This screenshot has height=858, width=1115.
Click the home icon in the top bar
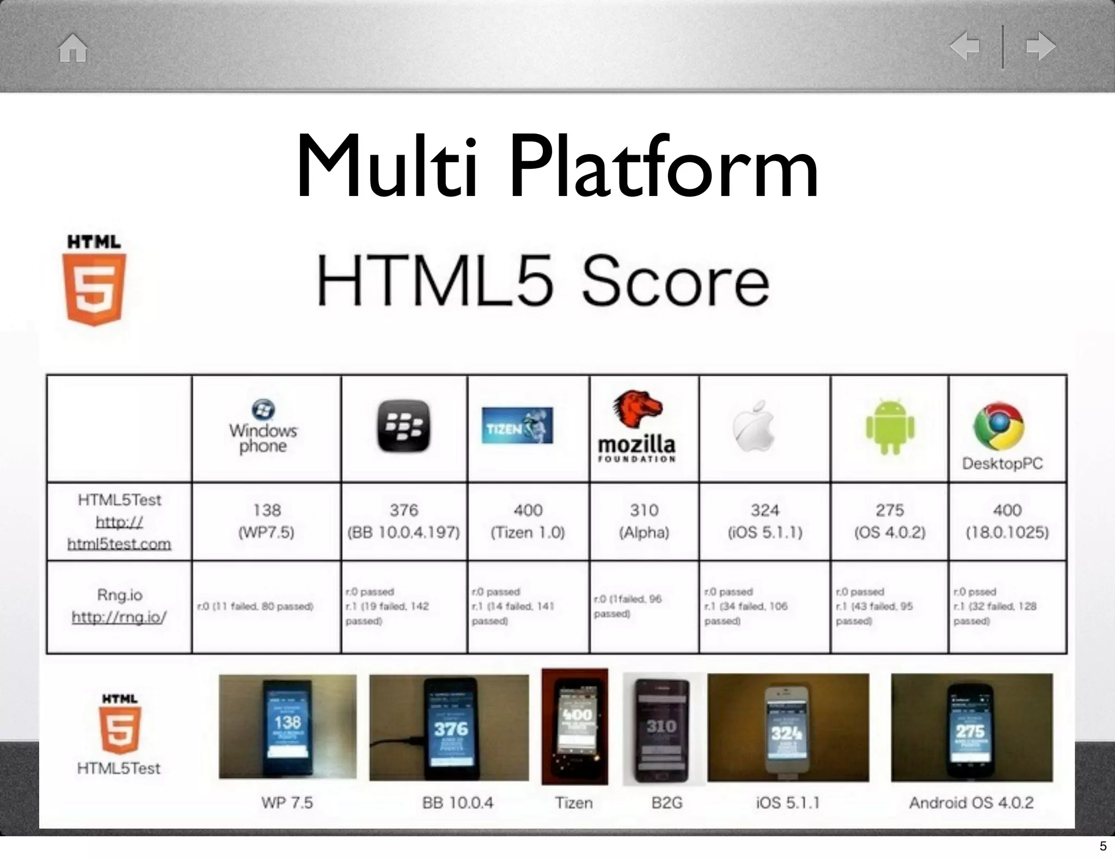[x=73, y=48]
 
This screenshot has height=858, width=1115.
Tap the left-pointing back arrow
[x=964, y=46]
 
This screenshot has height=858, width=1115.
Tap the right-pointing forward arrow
[x=1040, y=46]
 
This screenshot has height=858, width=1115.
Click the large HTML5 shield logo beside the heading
[x=94, y=281]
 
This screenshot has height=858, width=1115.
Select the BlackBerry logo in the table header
[x=403, y=426]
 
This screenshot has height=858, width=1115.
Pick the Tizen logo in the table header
[x=517, y=425]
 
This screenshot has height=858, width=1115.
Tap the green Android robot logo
[x=890, y=427]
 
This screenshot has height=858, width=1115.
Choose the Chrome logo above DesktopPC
[x=998, y=426]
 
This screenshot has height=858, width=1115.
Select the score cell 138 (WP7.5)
[x=266, y=521]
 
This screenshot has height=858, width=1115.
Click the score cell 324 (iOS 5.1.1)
[x=765, y=521]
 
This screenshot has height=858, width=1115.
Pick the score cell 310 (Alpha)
[x=644, y=521]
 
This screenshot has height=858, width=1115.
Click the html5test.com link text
[x=119, y=543]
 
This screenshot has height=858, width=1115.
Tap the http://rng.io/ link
[x=119, y=617]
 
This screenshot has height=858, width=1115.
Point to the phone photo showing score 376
[x=449, y=728]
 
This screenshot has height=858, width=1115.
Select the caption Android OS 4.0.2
[x=971, y=802]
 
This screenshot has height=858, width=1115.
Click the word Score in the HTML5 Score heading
[x=675, y=282]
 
